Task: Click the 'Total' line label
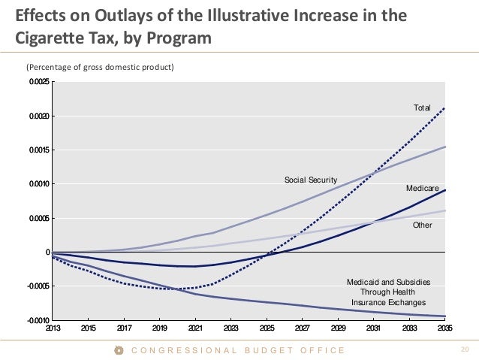click(422, 108)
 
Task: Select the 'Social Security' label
click(310, 180)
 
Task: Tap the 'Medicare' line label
click(422, 187)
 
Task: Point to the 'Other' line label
click(423, 225)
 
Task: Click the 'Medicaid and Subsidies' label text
click(388, 282)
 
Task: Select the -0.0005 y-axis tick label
click(39, 286)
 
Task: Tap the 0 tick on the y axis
click(47, 253)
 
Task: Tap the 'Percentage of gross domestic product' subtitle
click(101, 68)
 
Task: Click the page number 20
click(463, 349)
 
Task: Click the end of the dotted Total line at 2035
click(445, 107)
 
